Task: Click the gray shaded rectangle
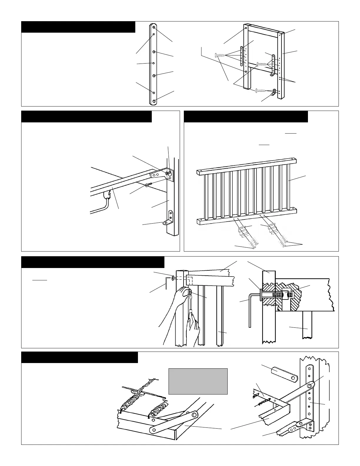(198, 381)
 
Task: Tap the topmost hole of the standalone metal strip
(154, 27)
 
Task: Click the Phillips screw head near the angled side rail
(147, 185)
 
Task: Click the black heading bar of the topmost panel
(78, 27)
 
